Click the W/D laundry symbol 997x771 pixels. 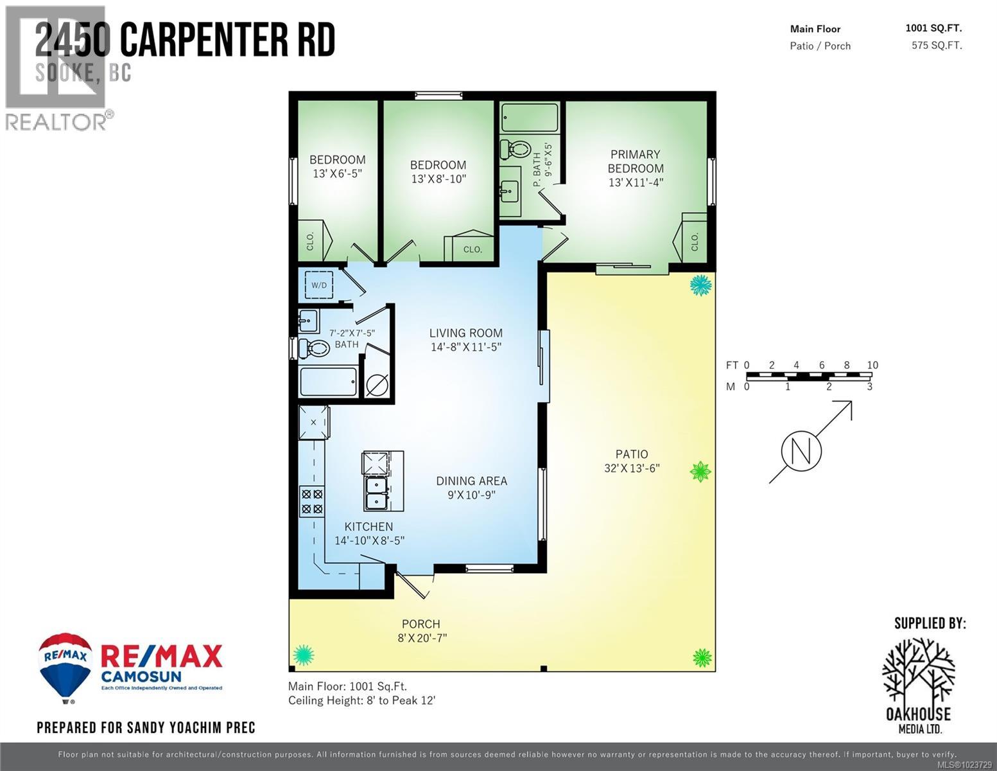(318, 285)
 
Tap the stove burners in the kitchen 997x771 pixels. (312, 502)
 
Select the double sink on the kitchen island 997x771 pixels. (376, 493)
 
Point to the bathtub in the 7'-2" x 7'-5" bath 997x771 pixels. (328, 382)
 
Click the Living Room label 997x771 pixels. (465, 333)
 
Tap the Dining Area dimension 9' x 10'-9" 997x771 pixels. (472, 495)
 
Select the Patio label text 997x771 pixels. (632, 454)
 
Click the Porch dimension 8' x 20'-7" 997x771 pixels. (421, 638)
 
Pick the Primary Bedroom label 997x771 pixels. (636, 161)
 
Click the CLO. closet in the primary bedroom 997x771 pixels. (693, 242)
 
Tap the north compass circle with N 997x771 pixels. (801, 451)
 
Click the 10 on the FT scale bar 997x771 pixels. (872, 365)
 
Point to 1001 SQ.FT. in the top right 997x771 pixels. (933, 28)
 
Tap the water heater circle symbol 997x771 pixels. (377, 385)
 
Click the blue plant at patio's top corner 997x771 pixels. (700, 285)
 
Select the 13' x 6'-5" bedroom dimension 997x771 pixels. (338, 173)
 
